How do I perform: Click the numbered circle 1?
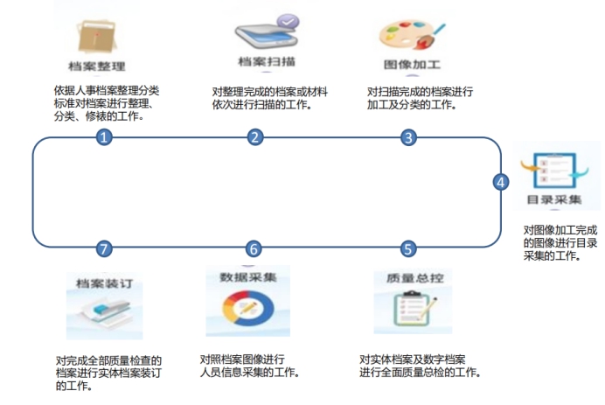(104, 137)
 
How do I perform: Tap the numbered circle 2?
(254, 137)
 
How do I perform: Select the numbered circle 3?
(408, 137)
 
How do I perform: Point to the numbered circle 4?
(501, 182)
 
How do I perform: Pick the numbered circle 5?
(408, 248)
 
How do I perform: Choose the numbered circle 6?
(254, 249)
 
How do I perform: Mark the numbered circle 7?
(104, 248)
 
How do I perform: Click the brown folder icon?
(97, 37)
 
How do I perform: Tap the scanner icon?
(267, 36)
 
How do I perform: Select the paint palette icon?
(411, 34)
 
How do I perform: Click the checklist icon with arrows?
(554, 170)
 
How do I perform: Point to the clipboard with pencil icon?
(414, 308)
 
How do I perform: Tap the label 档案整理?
(97, 66)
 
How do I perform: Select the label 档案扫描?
(267, 61)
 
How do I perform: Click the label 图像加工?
(412, 65)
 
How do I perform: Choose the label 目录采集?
(554, 199)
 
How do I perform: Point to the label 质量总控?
(415, 278)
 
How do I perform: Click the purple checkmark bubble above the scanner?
(288, 21)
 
